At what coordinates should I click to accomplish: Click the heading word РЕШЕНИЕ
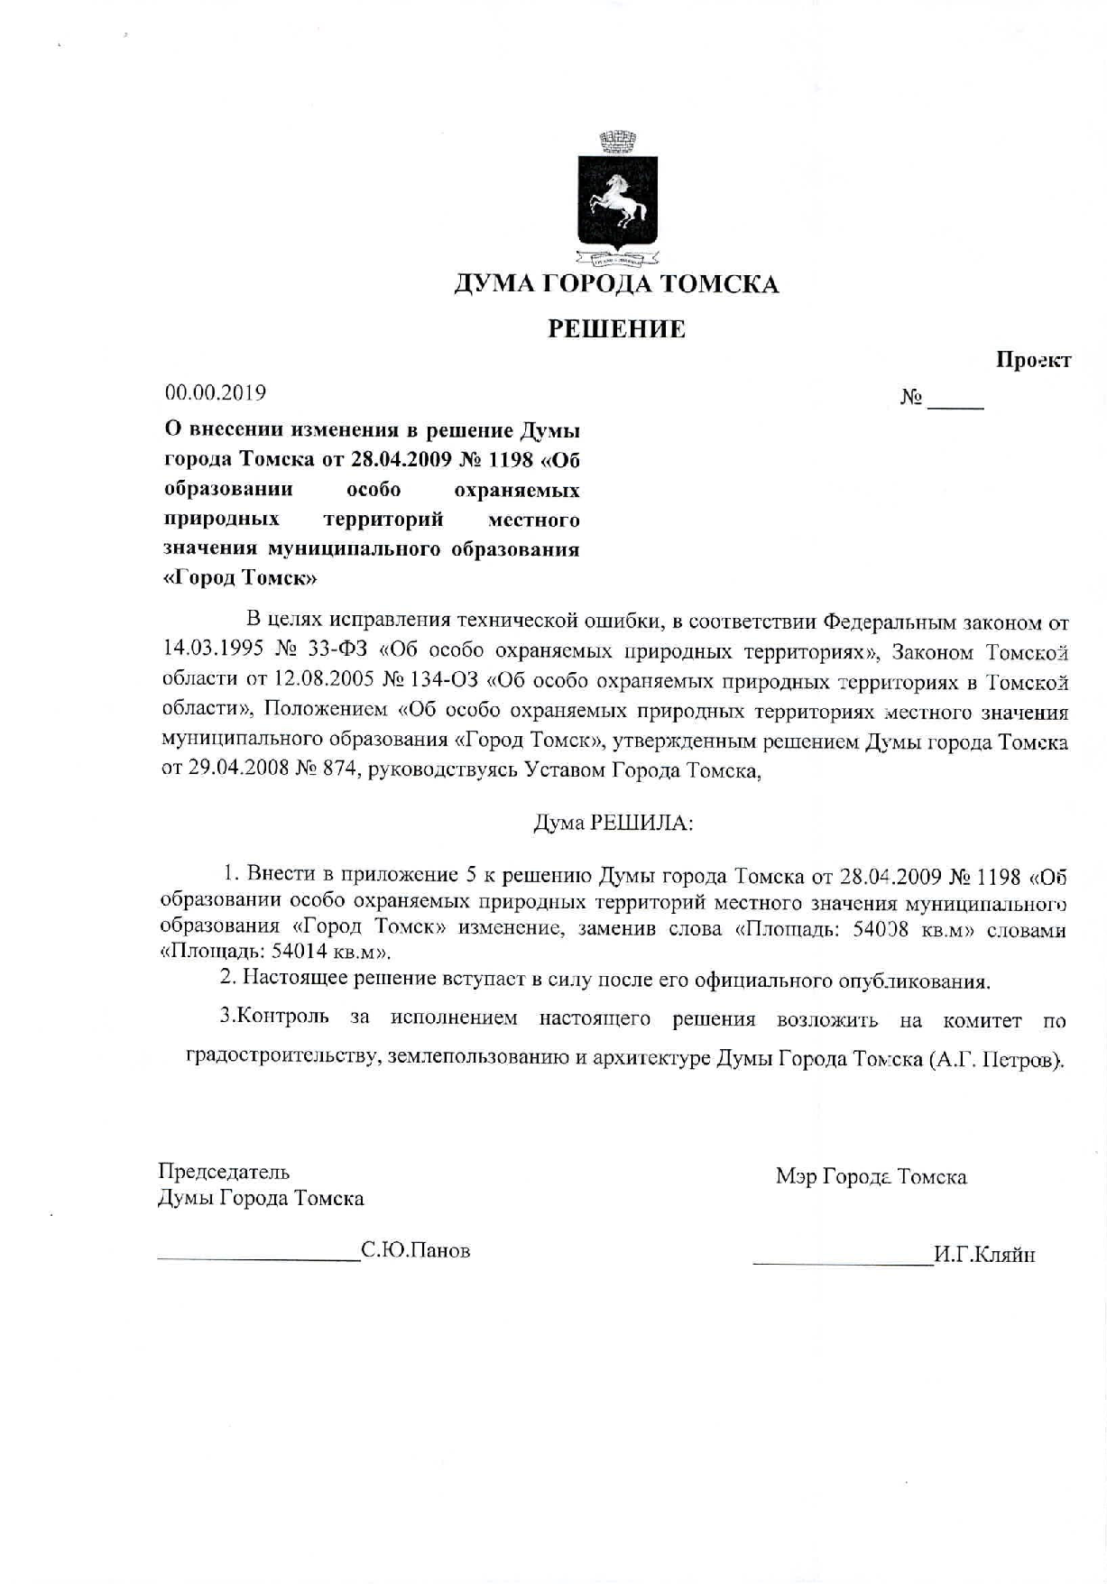pyautogui.click(x=617, y=329)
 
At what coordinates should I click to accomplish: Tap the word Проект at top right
pyautogui.click(x=1033, y=360)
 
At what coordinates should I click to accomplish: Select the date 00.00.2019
pyautogui.click(x=215, y=393)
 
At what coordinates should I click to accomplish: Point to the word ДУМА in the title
pyautogui.click(x=494, y=284)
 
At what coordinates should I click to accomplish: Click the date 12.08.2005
pyautogui.click(x=322, y=681)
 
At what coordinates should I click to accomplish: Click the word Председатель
pyautogui.click(x=224, y=1172)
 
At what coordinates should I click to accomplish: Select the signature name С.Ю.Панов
pyautogui.click(x=415, y=1251)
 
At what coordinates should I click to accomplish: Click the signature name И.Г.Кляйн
pyautogui.click(x=984, y=1255)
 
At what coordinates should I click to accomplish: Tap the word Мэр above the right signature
pyautogui.click(x=795, y=1176)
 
